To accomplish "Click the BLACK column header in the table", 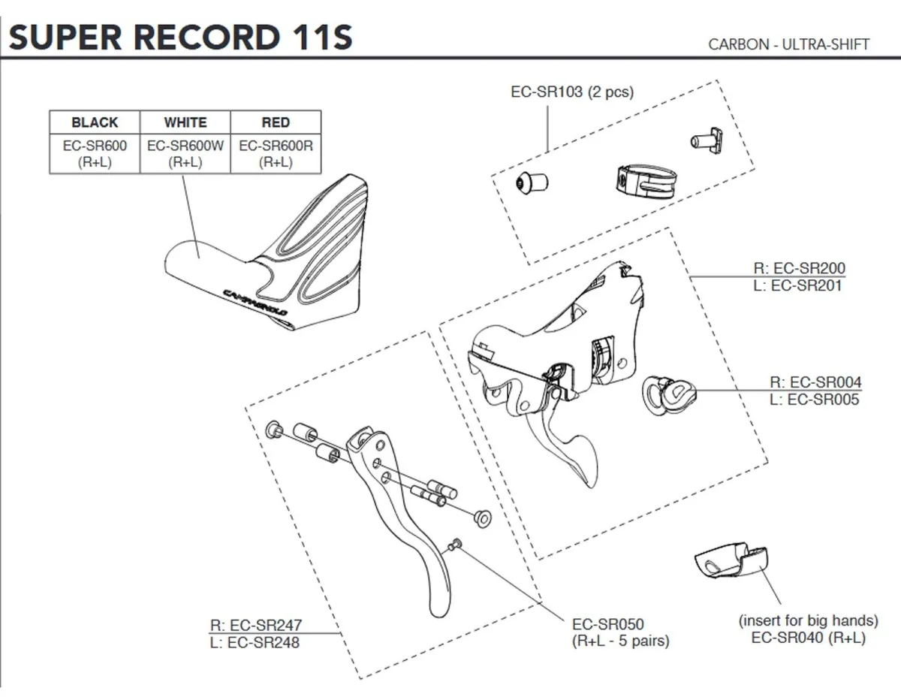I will pos(95,122).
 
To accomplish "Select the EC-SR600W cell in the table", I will pos(185,152).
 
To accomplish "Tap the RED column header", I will pos(276,122).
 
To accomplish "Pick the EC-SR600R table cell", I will pos(276,152).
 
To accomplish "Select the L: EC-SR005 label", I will pos(814,400).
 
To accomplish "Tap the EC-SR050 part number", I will pos(607,624).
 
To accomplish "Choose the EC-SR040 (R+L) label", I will pos(808,637).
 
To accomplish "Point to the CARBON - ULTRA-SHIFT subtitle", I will pos(788,44).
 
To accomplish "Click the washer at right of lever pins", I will pos(481,517).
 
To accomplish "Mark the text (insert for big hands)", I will pos(808,620).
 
